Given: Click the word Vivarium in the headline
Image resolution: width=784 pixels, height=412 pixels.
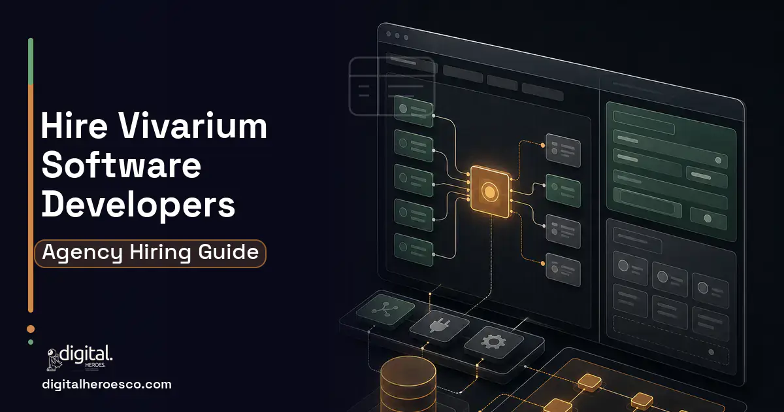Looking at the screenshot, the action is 193,126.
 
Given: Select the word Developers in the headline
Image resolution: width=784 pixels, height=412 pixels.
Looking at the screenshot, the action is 139,206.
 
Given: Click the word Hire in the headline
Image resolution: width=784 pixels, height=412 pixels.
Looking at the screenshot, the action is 74,126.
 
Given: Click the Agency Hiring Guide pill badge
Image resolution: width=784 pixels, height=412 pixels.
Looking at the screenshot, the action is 150,253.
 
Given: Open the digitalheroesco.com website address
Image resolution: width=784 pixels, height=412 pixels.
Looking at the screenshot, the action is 106,385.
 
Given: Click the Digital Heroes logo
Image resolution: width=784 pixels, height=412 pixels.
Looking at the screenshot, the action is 80,357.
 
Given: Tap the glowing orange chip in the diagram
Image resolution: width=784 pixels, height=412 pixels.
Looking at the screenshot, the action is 489,191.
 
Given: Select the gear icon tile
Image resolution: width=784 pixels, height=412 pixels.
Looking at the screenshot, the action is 493,342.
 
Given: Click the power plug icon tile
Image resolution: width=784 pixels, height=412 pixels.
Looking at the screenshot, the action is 440,326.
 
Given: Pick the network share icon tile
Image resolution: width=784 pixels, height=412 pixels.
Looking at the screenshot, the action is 385,309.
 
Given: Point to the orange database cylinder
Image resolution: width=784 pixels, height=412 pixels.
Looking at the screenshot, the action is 408,385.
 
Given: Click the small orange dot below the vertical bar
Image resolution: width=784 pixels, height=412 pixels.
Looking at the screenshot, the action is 31,328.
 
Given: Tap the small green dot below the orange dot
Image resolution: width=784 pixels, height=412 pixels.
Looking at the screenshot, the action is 31,342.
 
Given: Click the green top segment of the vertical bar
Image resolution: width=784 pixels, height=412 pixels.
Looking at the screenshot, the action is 31,61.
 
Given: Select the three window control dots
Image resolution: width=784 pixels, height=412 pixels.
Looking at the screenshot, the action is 397,35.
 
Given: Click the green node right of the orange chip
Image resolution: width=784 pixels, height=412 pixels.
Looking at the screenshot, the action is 563,191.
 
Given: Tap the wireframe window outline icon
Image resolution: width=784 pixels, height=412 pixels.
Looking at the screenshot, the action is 392,86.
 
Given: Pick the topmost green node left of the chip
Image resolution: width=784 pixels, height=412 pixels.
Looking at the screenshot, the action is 414,111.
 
